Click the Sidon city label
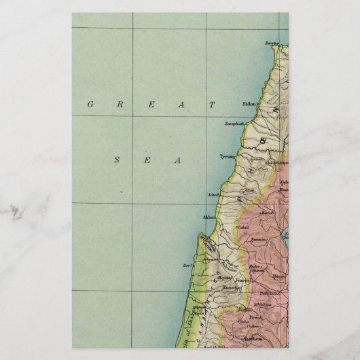(x=248, y=104)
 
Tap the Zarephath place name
(x=235, y=124)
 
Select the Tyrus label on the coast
(x=226, y=156)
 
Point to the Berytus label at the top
(x=272, y=42)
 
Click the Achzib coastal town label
(x=213, y=195)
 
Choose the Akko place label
(x=209, y=217)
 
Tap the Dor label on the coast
(x=188, y=265)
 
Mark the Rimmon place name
(x=258, y=239)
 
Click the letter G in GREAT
(x=90, y=105)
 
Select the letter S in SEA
(x=117, y=160)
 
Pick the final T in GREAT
(x=212, y=105)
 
